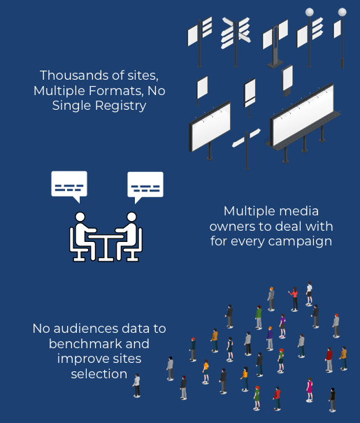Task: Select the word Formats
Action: click(116, 91)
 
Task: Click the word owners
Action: click(233, 227)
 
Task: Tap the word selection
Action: click(99, 374)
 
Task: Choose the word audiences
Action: click(86, 329)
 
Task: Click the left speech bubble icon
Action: click(69, 186)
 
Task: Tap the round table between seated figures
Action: click(106, 248)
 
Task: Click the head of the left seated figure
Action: click(80, 217)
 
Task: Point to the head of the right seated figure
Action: click(131, 217)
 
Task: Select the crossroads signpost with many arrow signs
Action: click(236, 41)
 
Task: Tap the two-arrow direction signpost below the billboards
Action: click(247, 148)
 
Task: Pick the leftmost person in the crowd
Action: click(137, 385)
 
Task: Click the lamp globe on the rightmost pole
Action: click(343, 12)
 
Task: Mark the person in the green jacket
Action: click(259, 317)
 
